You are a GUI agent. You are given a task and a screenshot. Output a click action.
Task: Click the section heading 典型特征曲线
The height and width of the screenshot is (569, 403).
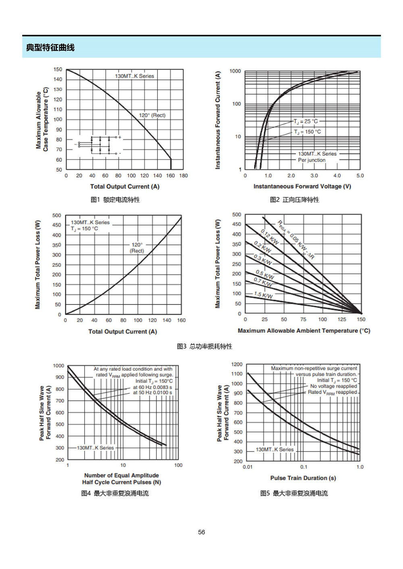click(x=50, y=47)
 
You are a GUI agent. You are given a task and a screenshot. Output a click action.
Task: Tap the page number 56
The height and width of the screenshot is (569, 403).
click(x=201, y=532)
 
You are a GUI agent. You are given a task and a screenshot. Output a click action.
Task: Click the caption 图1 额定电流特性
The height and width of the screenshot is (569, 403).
click(x=115, y=200)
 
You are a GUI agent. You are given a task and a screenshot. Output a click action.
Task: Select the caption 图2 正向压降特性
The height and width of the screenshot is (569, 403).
click(x=294, y=200)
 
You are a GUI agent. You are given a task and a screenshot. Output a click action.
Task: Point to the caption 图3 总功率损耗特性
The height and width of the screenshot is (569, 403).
click(x=205, y=346)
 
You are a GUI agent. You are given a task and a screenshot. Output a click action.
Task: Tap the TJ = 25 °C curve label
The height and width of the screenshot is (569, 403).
click(x=306, y=122)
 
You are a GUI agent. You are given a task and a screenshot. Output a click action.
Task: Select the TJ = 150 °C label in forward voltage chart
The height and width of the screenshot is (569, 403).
click(x=307, y=132)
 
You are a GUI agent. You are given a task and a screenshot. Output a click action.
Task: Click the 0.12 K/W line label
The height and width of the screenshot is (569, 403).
click(x=270, y=237)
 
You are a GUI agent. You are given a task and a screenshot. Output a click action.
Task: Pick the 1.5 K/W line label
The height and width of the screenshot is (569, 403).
click(x=263, y=295)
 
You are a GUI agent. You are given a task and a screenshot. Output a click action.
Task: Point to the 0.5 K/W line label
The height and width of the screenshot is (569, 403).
click(x=265, y=274)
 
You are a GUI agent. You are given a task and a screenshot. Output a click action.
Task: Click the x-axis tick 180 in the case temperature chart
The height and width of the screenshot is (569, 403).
click(x=183, y=175)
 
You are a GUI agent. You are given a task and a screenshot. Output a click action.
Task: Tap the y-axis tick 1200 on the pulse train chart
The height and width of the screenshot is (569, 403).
click(x=237, y=364)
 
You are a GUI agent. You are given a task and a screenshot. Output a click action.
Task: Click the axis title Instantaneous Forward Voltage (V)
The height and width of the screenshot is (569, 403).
click(x=302, y=186)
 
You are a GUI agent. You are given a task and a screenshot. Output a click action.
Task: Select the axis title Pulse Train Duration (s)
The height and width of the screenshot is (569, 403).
click(x=303, y=478)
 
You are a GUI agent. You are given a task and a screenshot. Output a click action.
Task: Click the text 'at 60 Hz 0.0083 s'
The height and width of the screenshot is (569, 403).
click(x=152, y=388)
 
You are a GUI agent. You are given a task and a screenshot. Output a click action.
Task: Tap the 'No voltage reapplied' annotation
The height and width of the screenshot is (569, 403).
click(x=334, y=386)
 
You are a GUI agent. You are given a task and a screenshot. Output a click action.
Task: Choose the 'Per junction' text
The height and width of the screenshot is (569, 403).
click(x=312, y=160)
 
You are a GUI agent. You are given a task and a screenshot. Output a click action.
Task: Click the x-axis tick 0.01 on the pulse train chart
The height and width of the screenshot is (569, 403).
click(x=247, y=467)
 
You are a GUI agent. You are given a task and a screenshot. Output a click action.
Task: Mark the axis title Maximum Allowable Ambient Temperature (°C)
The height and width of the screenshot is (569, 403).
click(x=304, y=331)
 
